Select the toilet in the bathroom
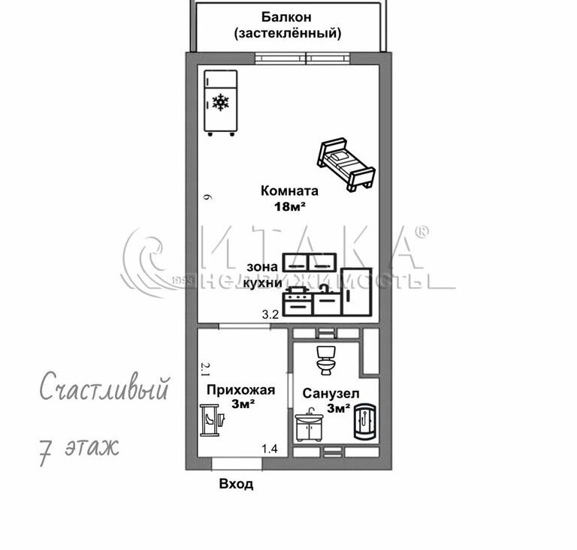(326, 359)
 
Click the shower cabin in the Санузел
(367, 423)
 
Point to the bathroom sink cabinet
(309, 426)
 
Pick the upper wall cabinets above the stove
(309, 263)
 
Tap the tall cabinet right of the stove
(355, 291)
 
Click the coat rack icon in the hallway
(209, 419)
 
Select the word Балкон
(286, 17)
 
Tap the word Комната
(289, 191)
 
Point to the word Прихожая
(241, 389)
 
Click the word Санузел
(331, 392)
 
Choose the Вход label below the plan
(236, 484)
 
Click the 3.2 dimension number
(270, 315)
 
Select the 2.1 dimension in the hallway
(204, 368)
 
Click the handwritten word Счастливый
(103, 390)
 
